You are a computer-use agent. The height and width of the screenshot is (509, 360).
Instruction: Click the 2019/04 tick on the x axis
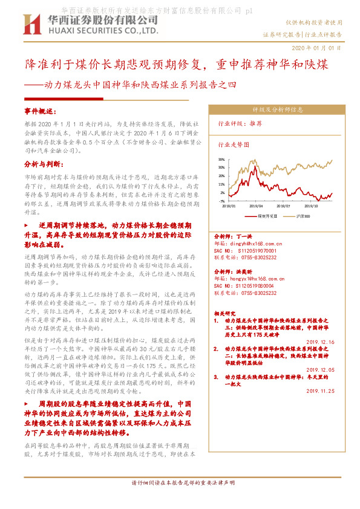257,206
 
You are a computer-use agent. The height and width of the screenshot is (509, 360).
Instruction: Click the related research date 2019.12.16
321,342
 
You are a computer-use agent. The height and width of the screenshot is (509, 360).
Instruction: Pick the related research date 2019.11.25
321,391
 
